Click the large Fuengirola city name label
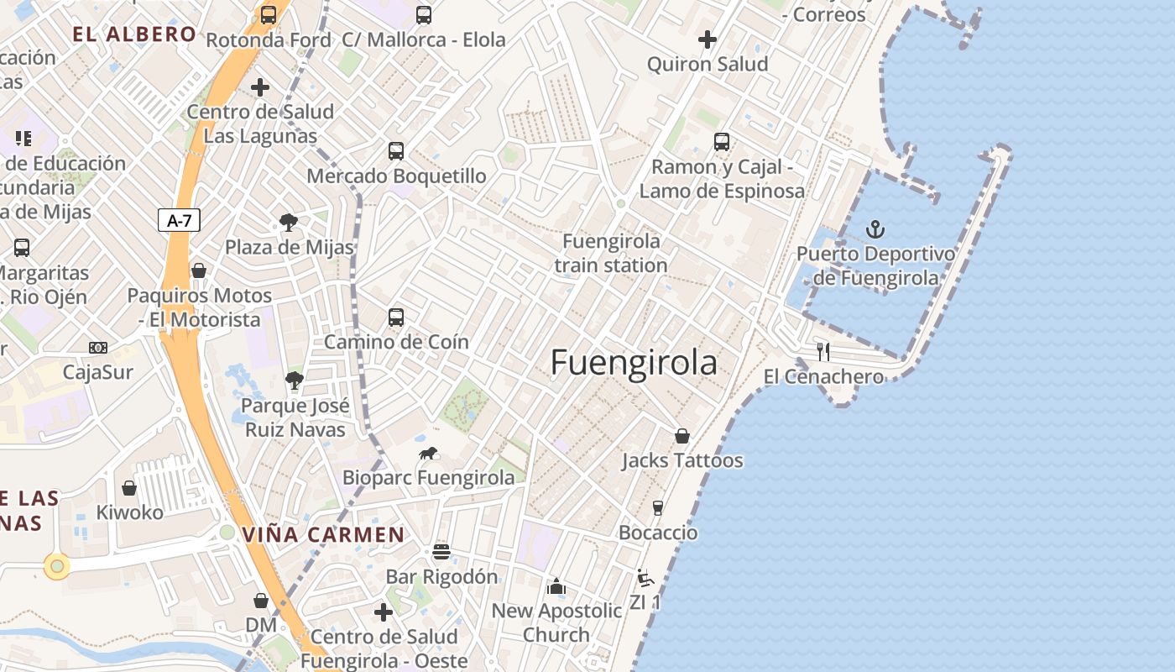point(634,363)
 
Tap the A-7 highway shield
point(179,221)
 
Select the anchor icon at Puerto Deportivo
point(875,228)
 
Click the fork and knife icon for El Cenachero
point(823,351)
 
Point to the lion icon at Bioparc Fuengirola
point(428,454)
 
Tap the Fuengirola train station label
point(610,253)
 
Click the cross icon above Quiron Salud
point(708,39)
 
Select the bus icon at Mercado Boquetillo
point(396,151)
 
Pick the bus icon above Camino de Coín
point(396,318)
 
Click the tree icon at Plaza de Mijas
point(289,223)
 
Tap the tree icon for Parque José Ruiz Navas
point(294,381)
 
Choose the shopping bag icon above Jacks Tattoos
point(682,436)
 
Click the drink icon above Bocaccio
point(658,507)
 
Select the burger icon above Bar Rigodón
point(441,552)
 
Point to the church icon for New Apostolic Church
point(556,586)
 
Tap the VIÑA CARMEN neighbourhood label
point(323,535)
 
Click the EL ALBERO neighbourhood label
point(134,34)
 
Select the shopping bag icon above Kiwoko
point(129,488)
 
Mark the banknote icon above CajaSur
point(98,348)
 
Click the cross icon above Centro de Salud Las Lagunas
point(260,87)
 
